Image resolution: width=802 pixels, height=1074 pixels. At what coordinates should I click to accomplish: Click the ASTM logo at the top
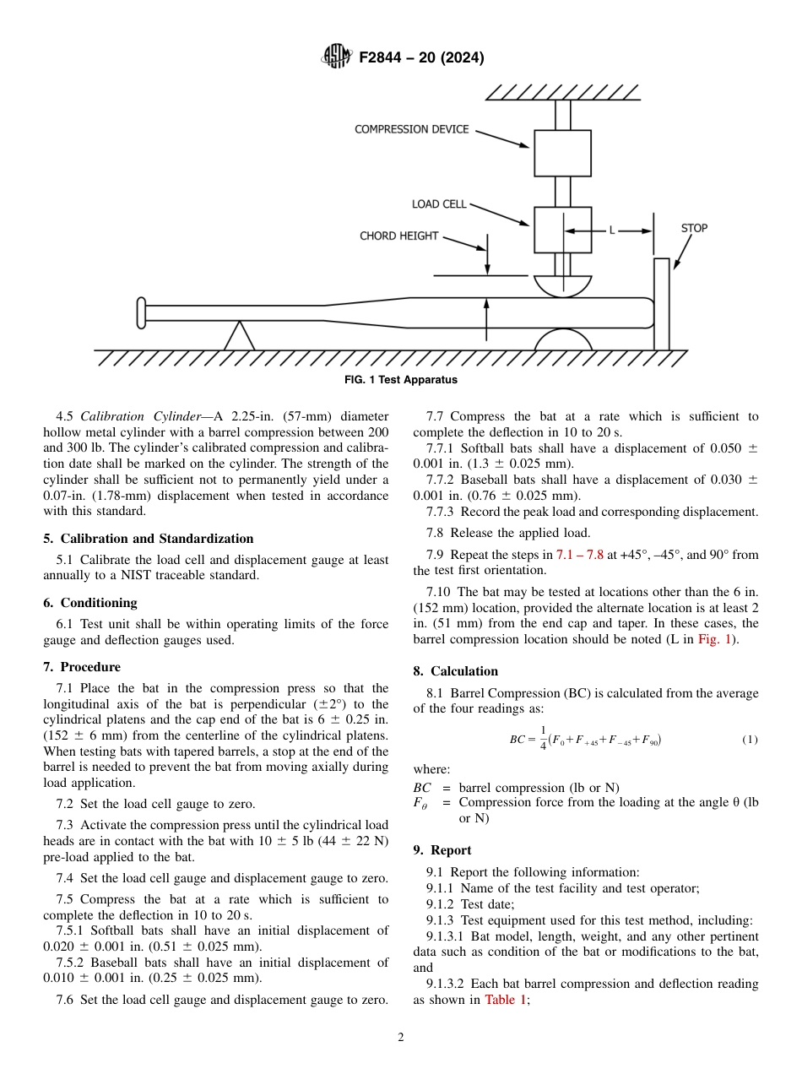click(336, 57)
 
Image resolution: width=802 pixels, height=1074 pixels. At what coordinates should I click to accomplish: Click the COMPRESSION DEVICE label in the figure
click(411, 129)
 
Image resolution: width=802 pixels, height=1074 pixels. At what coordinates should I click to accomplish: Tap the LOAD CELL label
click(438, 204)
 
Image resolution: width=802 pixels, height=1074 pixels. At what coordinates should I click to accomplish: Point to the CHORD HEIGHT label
click(398, 236)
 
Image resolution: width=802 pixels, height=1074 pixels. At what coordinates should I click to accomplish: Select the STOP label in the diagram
click(694, 228)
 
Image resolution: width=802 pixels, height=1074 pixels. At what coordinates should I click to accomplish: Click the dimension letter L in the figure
click(611, 230)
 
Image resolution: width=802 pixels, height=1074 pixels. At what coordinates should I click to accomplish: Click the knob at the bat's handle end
click(141, 313)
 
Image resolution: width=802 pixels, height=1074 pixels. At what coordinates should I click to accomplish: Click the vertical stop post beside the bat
click(661, 304)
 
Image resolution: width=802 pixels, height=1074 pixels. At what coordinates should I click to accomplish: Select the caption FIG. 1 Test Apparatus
click(401, 380)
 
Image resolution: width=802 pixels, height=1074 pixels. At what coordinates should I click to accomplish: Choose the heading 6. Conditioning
click(90, 603)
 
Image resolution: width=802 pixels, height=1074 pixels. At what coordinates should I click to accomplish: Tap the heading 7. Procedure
click(82, 667)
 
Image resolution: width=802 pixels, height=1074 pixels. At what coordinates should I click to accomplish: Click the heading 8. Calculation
click(455, 671)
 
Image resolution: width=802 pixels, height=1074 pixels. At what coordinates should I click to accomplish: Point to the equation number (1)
click(750, 740)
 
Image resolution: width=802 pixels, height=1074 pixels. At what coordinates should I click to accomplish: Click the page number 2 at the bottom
click(401, 1038)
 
